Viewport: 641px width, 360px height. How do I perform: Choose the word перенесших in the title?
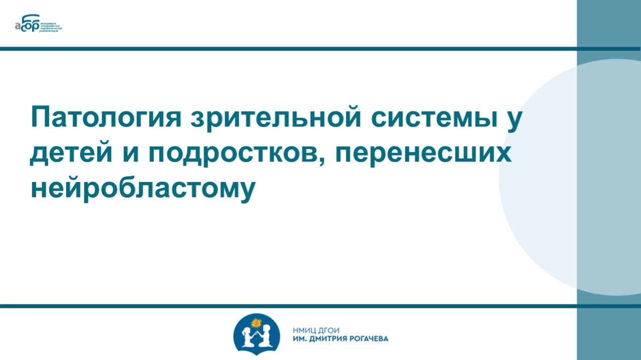424,153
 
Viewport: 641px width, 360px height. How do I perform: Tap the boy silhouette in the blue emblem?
266,336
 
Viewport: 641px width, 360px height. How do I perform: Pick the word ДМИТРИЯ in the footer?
331,338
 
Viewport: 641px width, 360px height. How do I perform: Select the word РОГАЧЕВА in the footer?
370,338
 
